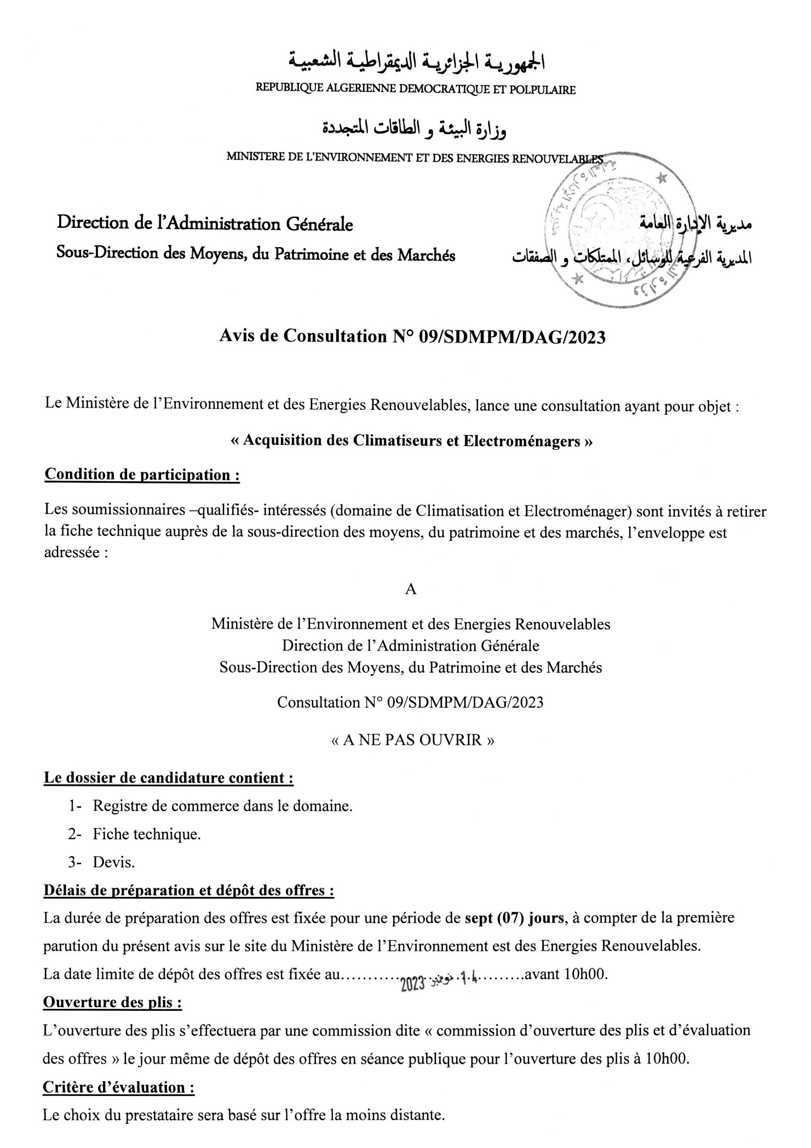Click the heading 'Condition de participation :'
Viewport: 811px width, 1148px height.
coord(142,474)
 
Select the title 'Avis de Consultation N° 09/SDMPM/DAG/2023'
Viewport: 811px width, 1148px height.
coord(412,337)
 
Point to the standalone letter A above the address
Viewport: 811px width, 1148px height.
coord(410,590)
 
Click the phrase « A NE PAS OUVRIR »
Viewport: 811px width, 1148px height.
coord(413,739)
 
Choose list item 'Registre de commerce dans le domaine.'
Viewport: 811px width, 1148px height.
coord(222,805)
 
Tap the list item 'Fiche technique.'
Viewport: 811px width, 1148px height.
coord(147,834)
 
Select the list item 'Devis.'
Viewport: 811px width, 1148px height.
coord(113,862)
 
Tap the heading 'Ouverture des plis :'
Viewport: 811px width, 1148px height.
coord(112,1002)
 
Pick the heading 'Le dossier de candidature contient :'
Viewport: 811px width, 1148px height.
coord(168,778)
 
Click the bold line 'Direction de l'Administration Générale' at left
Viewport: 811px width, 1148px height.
coord(205,223)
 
